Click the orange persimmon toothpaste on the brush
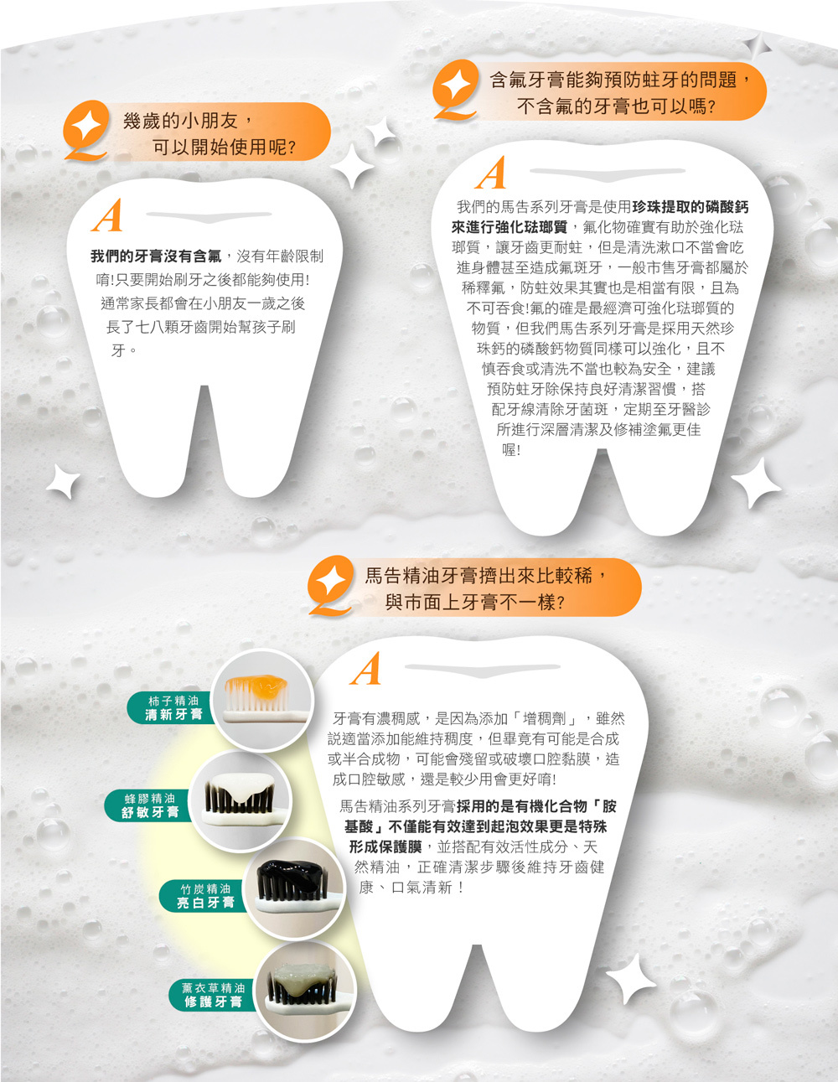[261, 686]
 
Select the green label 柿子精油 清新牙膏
[172, 707]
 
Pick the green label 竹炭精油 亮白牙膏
[204, 896]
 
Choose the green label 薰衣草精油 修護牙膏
[213, 995]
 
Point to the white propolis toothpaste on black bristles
[241, 787]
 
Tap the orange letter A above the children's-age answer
[108, 215]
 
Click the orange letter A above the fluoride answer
[492, 173]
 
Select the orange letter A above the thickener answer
[366, 669]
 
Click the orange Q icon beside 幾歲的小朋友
[86, 131]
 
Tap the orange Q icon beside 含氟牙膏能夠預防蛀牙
[455, 90]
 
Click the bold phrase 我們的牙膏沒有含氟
[156, 256]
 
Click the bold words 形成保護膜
[385, 846]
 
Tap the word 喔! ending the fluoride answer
[511, 450]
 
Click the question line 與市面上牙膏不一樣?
[475, 603]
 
